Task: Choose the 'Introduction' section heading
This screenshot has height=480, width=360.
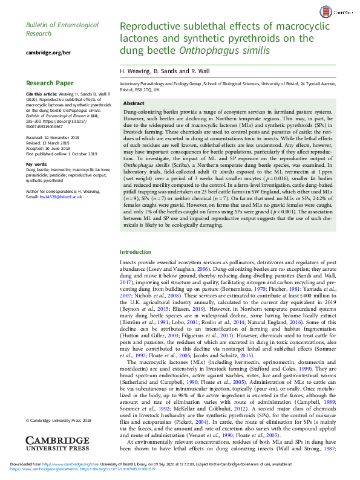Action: click(x=136, y=269)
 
